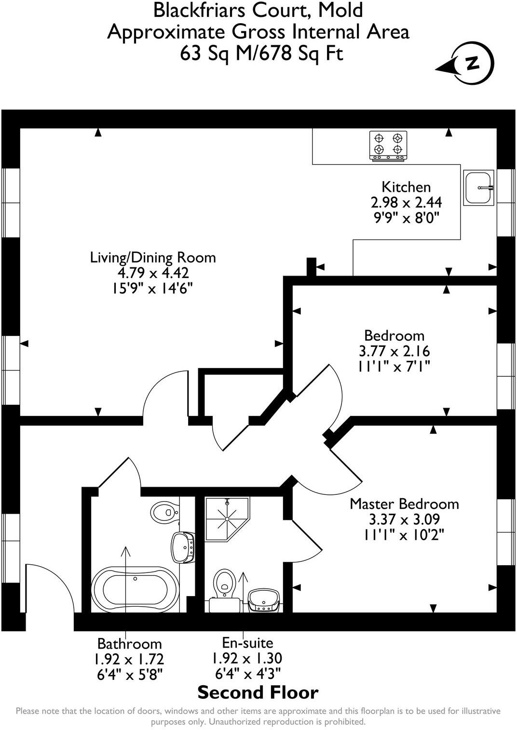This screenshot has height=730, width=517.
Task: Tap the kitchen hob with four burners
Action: tap(388, 145)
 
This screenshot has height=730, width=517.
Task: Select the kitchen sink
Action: tap(478, 187)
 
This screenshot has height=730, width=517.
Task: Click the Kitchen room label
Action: tap(406, 187)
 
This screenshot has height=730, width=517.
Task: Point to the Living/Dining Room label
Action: tap(153, 257)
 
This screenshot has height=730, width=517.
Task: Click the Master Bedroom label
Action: tap(404, 504)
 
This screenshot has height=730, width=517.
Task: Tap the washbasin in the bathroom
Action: tap(183, 547)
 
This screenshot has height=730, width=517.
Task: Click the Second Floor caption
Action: tap(258, 692)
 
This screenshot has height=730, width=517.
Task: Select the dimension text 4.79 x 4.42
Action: tap(153, 273)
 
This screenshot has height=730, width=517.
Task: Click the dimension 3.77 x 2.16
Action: tap(394, 351)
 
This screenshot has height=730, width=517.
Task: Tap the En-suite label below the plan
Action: tap(247, 642)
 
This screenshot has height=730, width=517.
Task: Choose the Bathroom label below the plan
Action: tap(129, 643)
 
